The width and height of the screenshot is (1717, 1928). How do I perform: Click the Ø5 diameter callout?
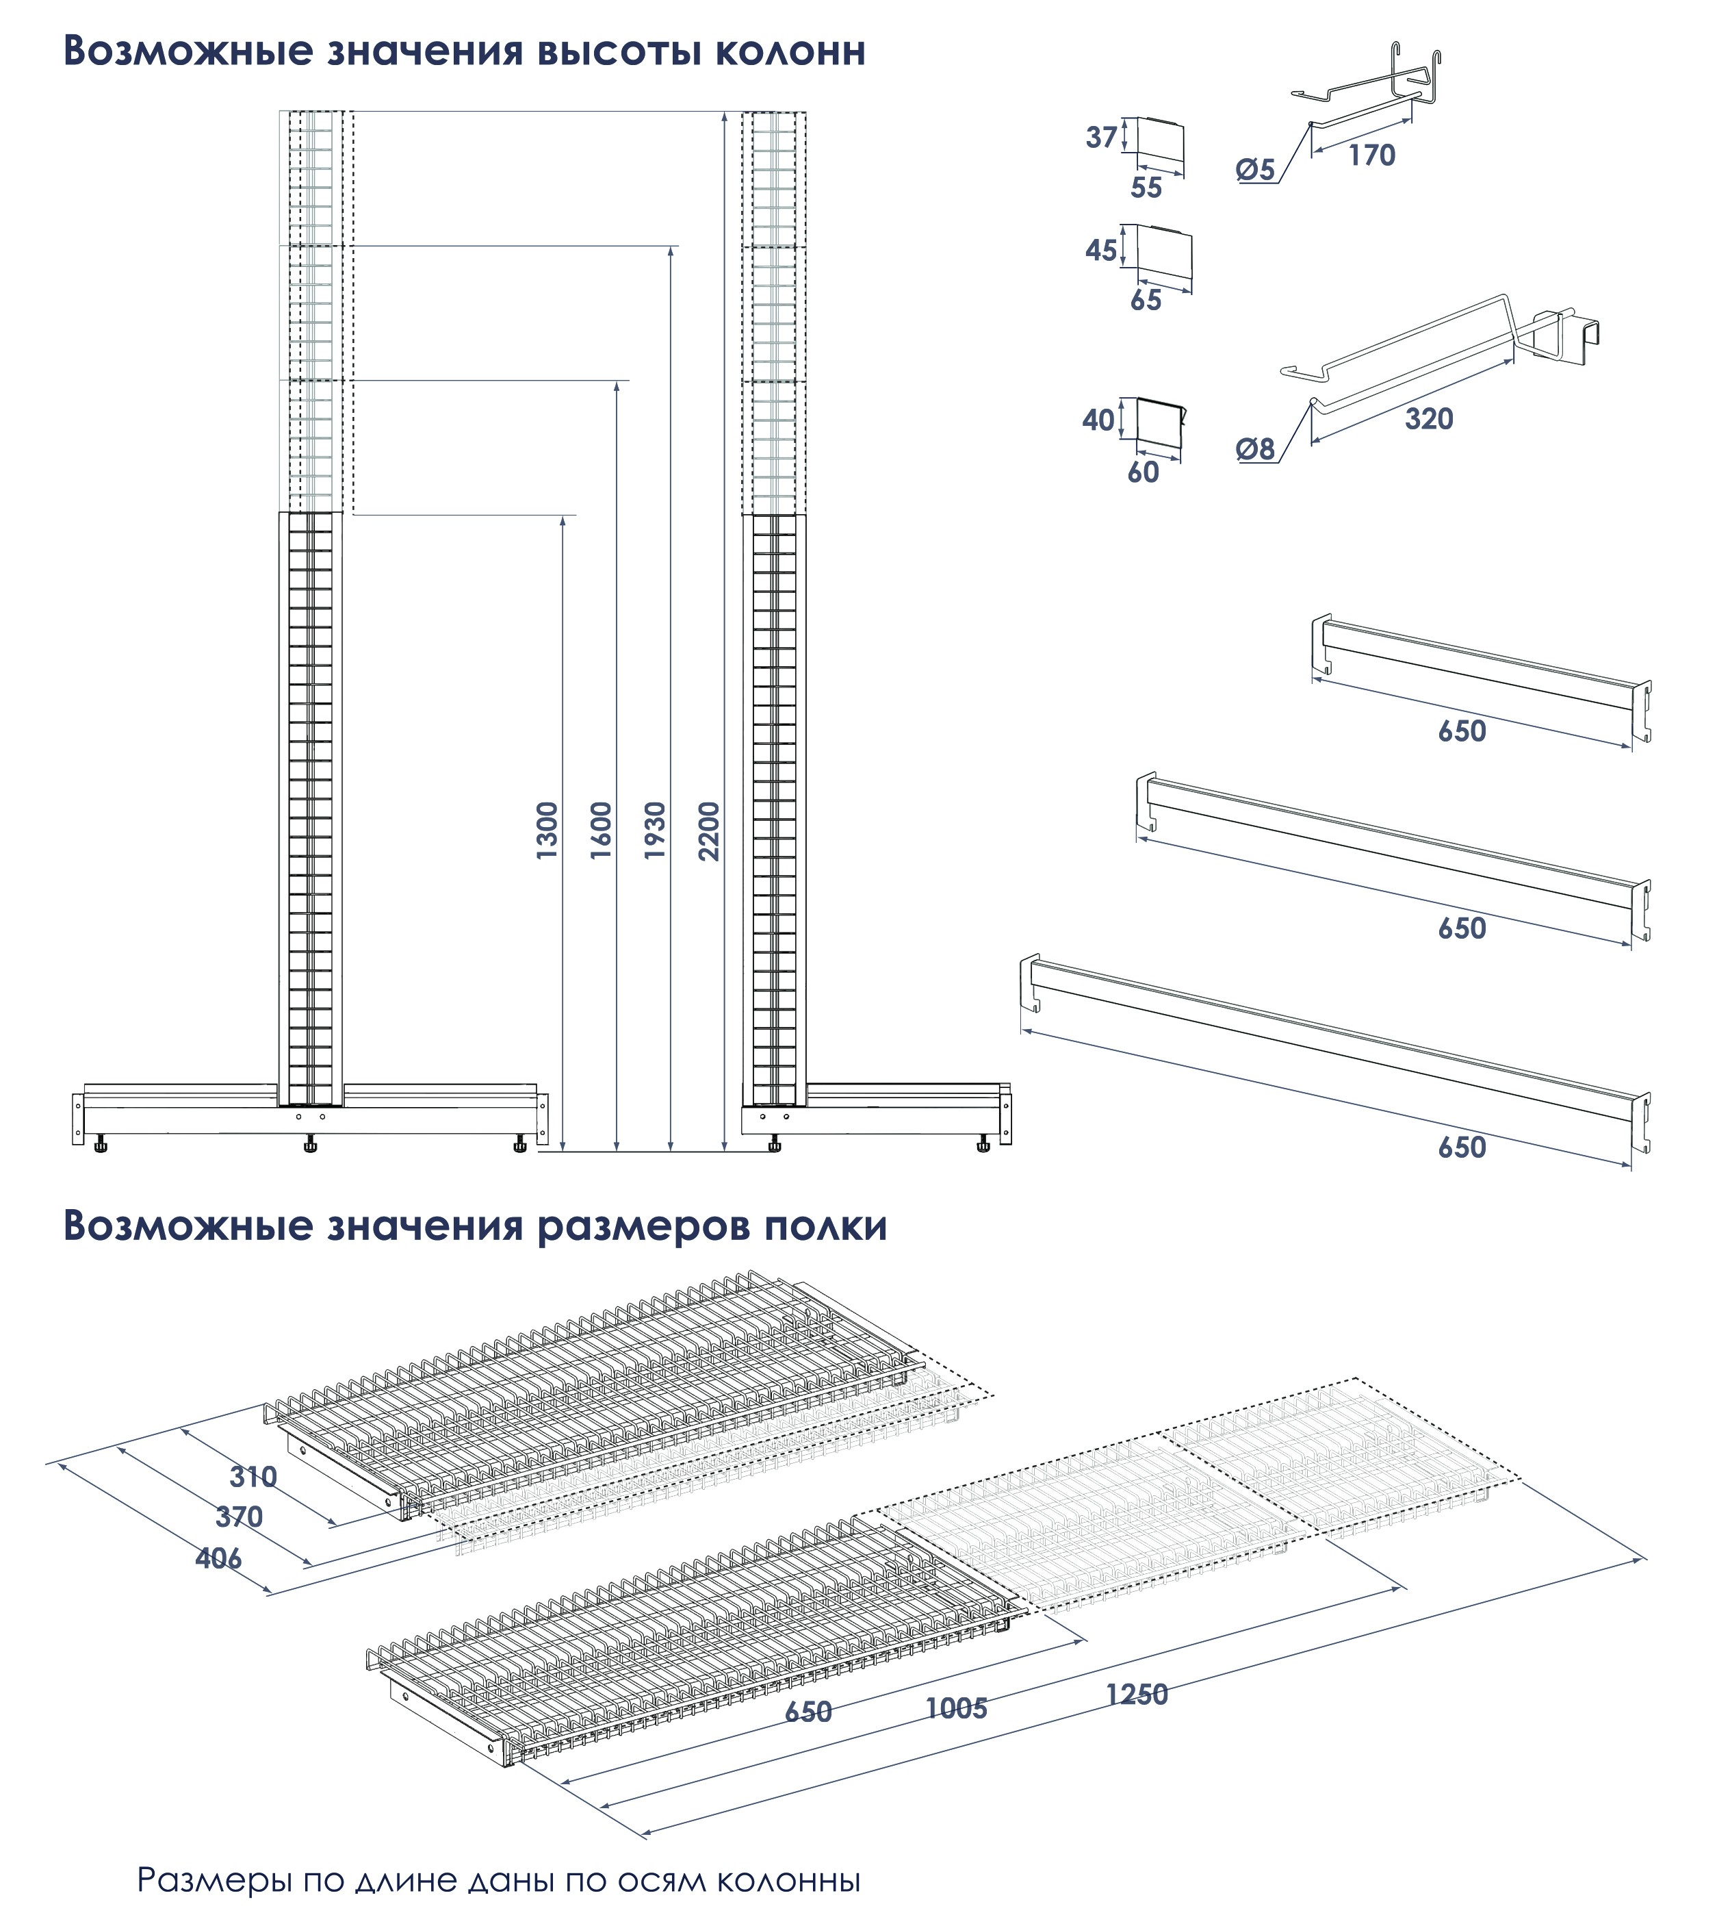[x=1256, y=170]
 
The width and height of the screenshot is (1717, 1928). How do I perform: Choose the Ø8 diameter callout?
[x=1256, y=449]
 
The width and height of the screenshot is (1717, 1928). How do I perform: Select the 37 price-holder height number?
[x=1101, y=138]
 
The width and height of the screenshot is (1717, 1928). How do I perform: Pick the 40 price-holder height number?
[x=1099, y=420]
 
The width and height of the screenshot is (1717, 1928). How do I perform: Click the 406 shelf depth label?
[x=219, y=1558]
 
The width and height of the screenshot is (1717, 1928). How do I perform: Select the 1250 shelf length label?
[x=1137, y=1695]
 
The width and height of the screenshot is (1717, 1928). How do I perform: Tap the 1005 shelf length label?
[x=957, y=1708]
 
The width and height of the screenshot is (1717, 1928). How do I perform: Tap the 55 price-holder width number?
[x=1146, y=188]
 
